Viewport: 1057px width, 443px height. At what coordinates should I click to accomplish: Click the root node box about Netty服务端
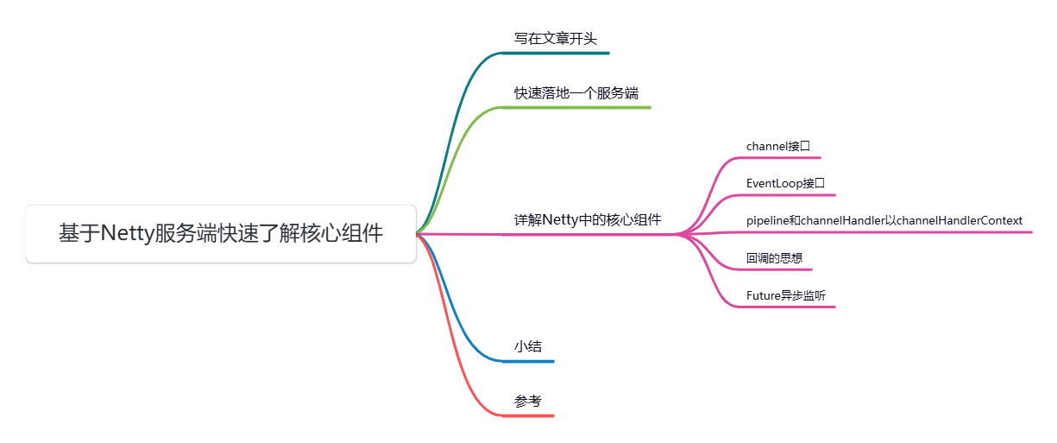(221, 233)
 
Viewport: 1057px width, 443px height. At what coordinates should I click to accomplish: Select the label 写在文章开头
(555, 38)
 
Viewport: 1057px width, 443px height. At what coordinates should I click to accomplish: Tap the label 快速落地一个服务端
(576, 92)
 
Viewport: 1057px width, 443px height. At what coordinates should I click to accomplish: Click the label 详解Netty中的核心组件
(588, 219)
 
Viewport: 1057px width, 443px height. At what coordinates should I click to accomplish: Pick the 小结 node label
(528, 346)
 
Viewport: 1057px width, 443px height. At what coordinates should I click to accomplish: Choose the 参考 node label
(528, 401)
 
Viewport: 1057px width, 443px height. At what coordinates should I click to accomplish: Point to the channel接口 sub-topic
(778, 146)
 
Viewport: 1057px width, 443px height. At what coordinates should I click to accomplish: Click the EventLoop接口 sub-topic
(785, 183)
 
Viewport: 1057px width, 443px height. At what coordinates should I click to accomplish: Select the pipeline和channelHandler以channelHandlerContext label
(884, 220)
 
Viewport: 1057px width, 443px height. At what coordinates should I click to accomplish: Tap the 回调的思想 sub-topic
(775, 257)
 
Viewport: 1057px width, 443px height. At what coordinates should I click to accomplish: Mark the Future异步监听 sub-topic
(785, 294)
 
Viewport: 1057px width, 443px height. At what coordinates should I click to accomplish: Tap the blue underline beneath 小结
(531, 361)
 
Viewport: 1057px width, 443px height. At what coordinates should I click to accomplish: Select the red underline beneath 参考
(531, 415)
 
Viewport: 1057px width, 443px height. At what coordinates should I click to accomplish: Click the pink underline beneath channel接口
(781, 158)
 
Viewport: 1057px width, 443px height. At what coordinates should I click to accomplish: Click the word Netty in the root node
(128, 233)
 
